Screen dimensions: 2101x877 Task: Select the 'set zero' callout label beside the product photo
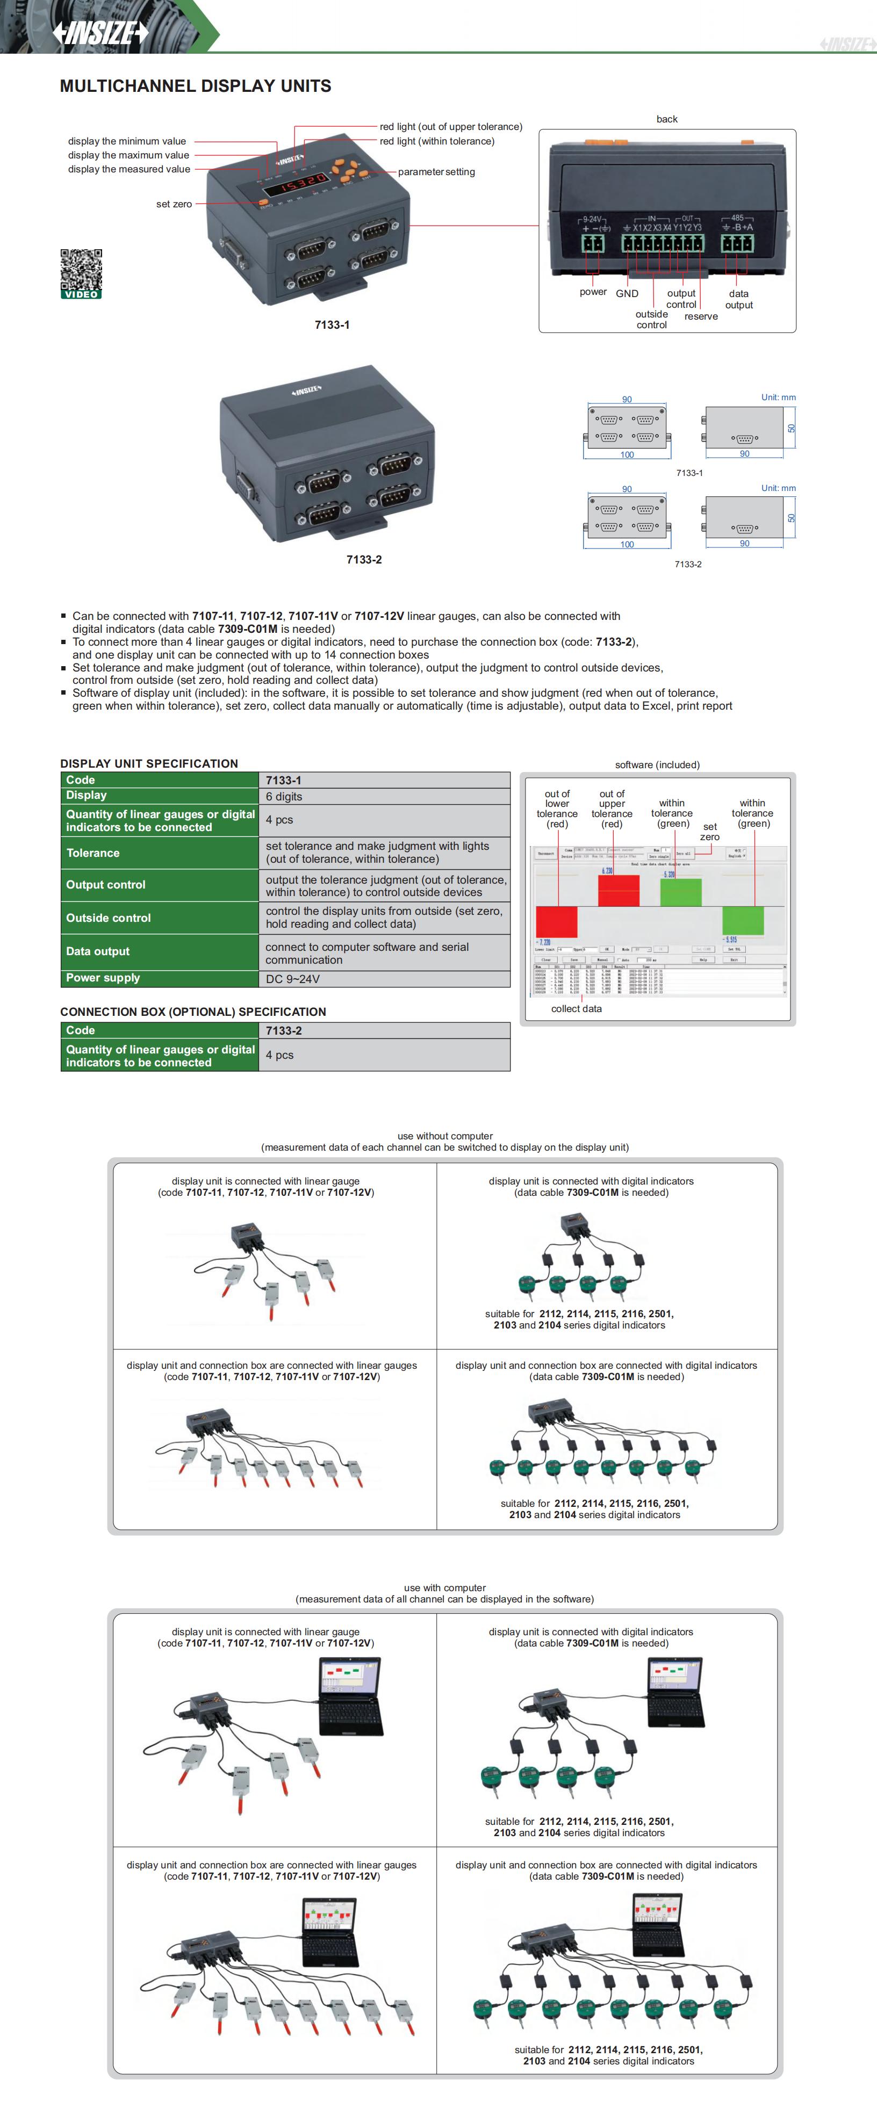point(174,205)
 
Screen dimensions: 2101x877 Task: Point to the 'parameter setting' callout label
point(436,172)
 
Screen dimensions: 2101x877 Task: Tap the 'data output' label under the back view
point(738,299)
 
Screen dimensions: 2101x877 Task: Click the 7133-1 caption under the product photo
point(332,324)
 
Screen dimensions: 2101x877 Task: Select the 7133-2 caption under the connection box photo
point(364,560)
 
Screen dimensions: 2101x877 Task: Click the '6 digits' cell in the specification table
point(284,797)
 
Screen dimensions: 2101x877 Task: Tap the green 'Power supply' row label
point(103,978)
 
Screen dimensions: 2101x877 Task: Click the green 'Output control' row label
point(105,885)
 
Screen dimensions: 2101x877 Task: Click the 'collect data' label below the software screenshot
point(576,1009)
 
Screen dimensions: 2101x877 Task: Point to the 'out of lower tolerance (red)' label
point(557,809)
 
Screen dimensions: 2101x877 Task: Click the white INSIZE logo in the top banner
point(101,33)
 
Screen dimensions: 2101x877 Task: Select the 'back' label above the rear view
point(666,119)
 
